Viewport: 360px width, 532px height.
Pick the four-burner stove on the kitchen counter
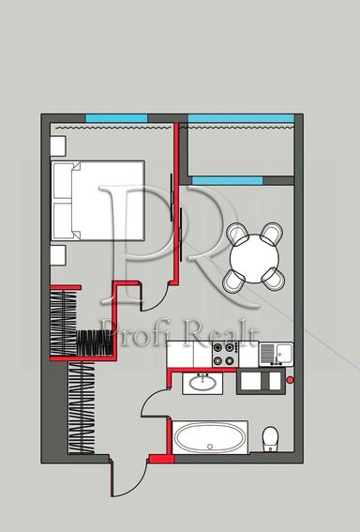(x=225, y=354)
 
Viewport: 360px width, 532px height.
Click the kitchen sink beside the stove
(x=273, y=354)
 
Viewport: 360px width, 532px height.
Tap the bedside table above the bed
(x=56, y=146)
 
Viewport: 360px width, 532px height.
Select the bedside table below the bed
(x=56, y=255)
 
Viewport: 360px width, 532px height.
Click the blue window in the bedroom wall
(x=116, y=117)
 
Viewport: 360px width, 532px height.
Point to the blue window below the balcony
(x=242, y=179)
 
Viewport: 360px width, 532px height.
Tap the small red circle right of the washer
(x=291, y=380)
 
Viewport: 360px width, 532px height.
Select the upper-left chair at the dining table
(x=235, y=233)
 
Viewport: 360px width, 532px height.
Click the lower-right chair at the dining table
(x=273, y=275)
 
